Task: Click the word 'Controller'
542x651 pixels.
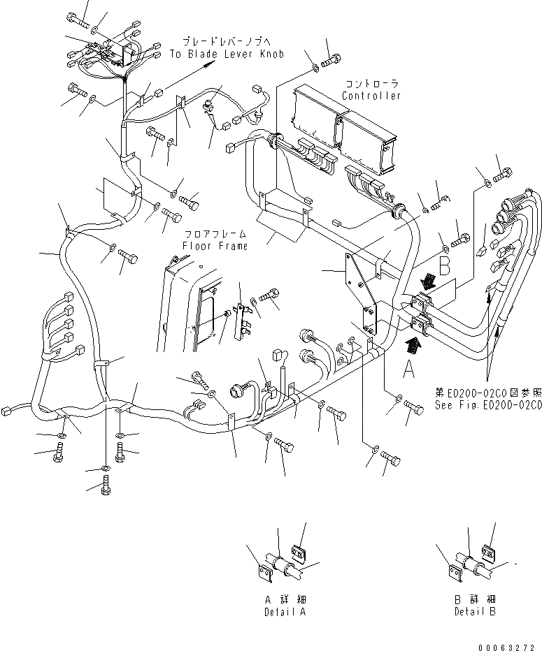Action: (x=371, y=96)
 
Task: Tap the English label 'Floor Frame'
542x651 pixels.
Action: (x=215, y=246)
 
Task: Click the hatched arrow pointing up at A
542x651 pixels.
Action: (x=415, y=343)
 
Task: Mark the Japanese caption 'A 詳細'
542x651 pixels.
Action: (x=286, y=600)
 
